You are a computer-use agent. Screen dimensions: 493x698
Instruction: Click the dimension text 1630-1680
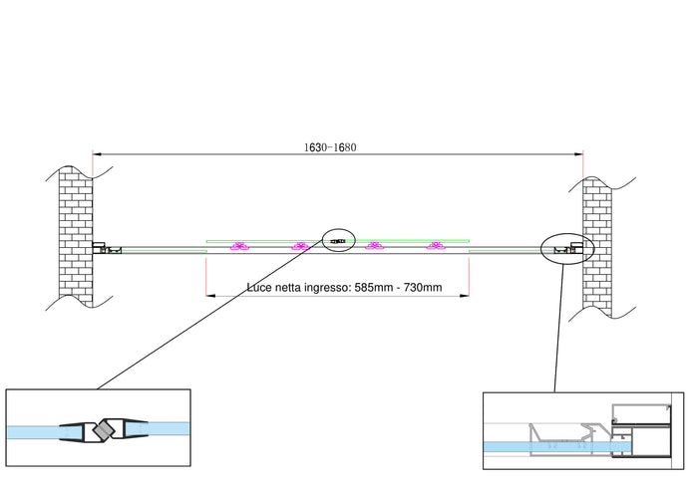[x=330, y=146]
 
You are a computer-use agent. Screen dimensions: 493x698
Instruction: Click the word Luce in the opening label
[x=262, y=288]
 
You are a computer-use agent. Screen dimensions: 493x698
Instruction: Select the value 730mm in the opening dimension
[x=420, y=288]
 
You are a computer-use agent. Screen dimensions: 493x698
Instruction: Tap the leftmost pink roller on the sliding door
[x=238, y=246]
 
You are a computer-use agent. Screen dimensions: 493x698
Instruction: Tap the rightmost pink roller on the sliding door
[x=434, y=246]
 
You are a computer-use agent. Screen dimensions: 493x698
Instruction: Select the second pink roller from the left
[x=298, y=246]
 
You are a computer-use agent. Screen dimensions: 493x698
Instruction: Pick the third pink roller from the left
[x=374, y=246]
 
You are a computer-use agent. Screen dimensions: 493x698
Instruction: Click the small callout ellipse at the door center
[x=339, y=240]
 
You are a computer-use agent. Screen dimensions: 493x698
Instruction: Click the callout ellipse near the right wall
[x=567, y=247]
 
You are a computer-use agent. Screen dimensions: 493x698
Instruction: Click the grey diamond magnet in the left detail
[x=101, y=432]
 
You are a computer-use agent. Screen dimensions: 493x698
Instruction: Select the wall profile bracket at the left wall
[x=100, y=247]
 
